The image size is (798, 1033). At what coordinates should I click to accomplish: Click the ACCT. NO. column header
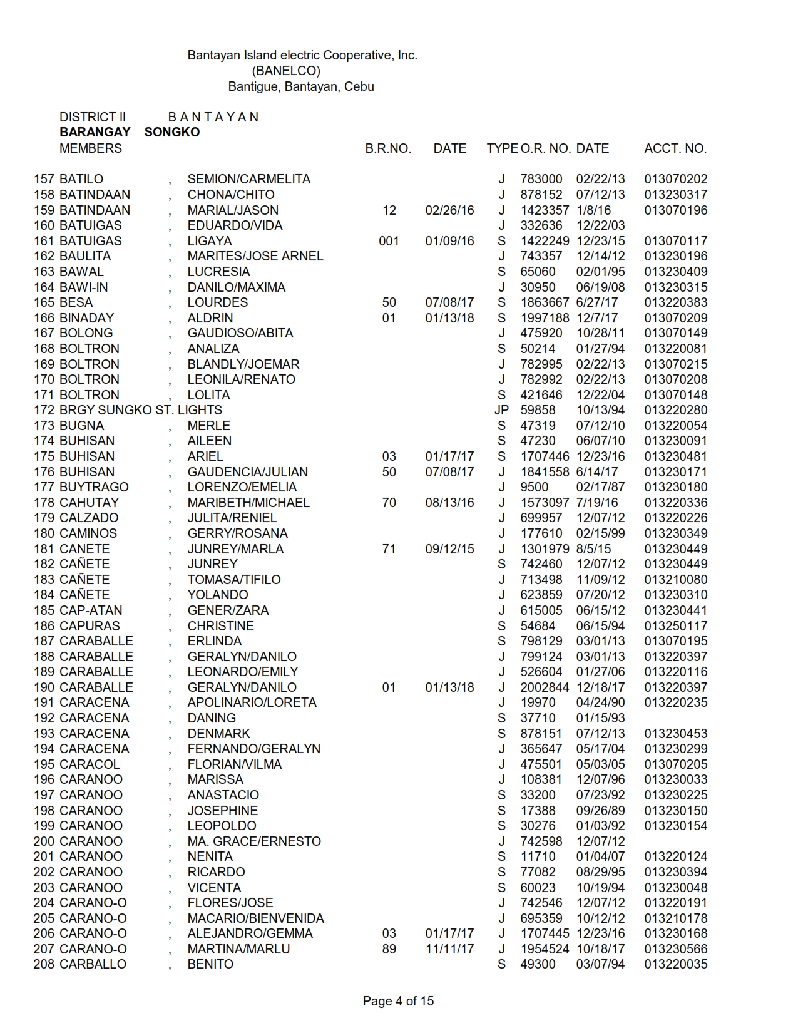coord(675,148)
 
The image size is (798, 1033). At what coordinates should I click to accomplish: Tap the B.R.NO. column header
coord(388,148)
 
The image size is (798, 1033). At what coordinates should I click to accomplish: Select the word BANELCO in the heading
coord(286,71)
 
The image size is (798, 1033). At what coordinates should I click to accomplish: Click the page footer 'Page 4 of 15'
coord(398,1001)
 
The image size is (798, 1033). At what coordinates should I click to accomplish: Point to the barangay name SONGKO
coord(172,132)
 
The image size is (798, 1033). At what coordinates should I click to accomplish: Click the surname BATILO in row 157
coord(81,179)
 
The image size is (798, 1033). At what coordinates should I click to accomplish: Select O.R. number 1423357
coord(545,210)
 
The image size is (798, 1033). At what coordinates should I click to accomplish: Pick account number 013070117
coord(676,241)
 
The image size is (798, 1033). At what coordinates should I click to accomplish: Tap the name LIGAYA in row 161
coord(210,241)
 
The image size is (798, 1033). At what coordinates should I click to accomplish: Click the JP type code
coord(501,410)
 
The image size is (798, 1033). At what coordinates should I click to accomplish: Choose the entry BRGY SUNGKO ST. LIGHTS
coord(140,410)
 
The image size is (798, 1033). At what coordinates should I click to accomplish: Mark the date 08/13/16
coord(449,503)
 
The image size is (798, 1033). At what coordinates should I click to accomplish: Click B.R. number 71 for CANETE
coord(389,549)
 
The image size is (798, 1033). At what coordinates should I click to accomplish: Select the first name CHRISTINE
coord(221,626)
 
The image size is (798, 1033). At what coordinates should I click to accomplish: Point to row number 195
coord(44,764)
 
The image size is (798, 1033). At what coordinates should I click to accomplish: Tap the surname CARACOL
coord(90,764)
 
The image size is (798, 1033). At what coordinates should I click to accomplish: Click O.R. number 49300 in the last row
coord(538,964)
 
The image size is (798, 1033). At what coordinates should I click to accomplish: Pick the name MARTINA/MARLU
coord(238,949)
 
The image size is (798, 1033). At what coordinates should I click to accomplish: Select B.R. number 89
coord(389,949)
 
